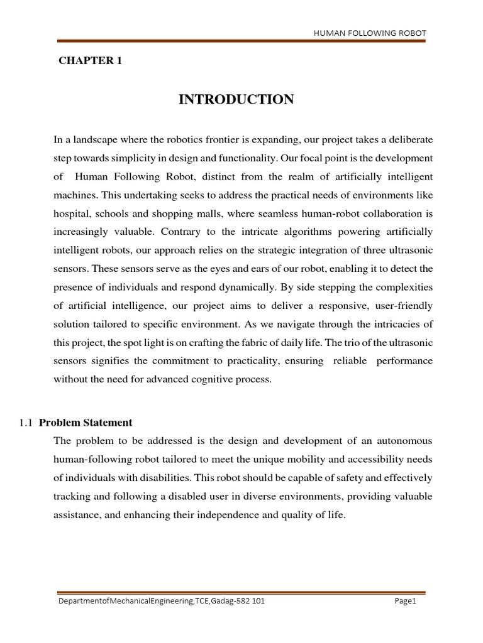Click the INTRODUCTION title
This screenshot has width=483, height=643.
(x=236, y=99)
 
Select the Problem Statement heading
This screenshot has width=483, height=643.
(x=86, y=422)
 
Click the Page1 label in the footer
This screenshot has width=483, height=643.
(x=406, y=601)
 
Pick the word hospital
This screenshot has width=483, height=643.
(x=73, y=213)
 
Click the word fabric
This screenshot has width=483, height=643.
(x=238, y=343)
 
